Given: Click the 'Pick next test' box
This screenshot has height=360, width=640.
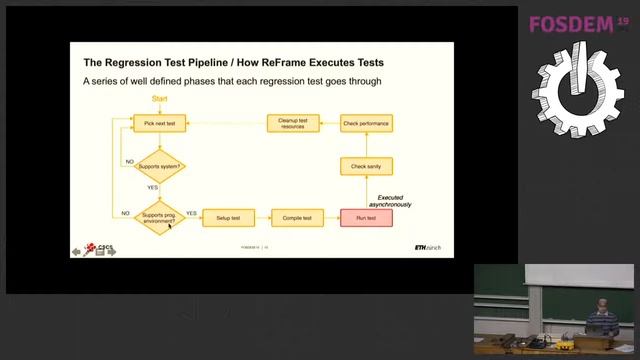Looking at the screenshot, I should click(x=159, y=123).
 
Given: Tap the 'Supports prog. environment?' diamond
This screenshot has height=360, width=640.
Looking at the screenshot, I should click(x=160, y=217).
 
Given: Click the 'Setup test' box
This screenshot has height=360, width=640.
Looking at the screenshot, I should click(x=228, y=217).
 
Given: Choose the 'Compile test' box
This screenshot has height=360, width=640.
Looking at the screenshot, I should click(x=297, y=217).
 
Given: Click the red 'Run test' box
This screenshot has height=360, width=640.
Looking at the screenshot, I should click(x=365, y=217).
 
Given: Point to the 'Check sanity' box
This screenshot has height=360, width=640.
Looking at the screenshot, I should click(x=365, y=165).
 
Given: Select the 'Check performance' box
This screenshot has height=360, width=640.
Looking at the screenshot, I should click(x=365, y=123).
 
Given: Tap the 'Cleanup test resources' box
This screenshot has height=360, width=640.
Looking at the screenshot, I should click(x=294, y=123).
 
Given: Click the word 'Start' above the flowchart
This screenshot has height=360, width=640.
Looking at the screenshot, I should click(x=159, y=98).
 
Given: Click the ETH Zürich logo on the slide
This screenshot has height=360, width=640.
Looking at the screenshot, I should click(x=427, y=246).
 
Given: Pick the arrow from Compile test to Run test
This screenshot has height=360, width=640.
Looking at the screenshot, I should click(x=331, y=217).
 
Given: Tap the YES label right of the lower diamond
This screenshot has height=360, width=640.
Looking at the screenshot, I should click(x=191, y=212).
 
